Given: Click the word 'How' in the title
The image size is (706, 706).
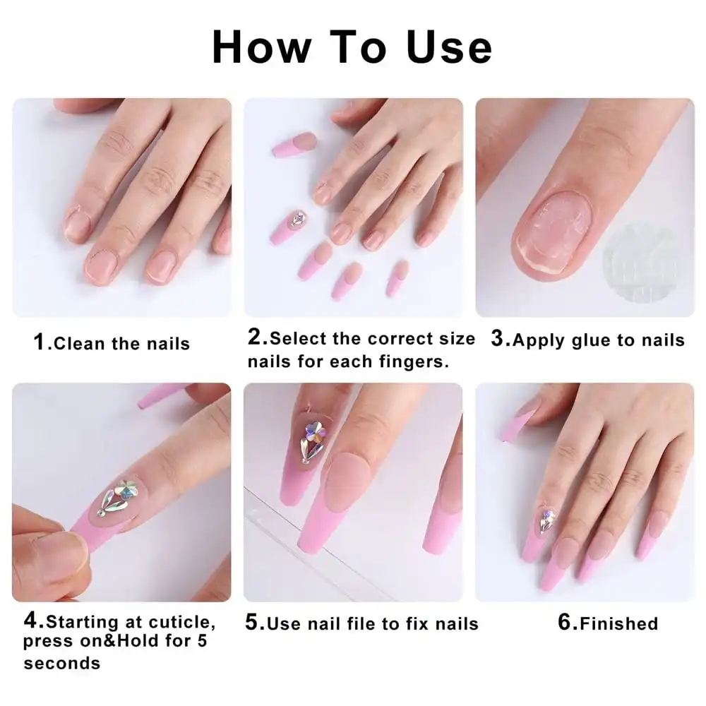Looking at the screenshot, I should (x=261, y=47).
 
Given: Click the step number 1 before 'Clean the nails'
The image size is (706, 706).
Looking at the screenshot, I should (x=40, y=343).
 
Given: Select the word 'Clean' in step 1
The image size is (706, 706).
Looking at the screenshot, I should (x=79, y=344).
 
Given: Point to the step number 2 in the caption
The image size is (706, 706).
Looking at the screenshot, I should (x=255, y=337).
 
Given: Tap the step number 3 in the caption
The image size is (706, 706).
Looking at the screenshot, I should (x=499, y=339).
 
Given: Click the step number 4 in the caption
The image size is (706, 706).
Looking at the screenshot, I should (x=32, y=621).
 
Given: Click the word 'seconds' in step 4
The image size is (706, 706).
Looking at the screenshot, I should (x=61, y=664).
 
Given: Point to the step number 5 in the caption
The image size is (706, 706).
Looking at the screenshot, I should (x=253, y=623).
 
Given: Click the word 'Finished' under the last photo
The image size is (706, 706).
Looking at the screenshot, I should (x=617, y=623).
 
